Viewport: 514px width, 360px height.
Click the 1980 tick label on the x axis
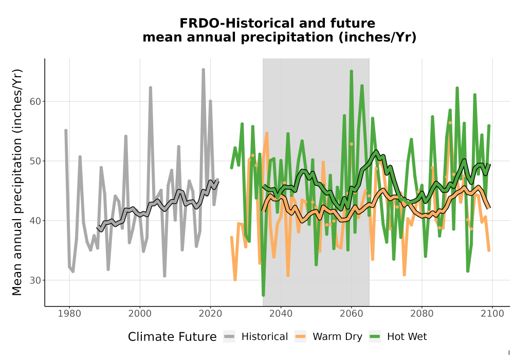[x=69, y=314]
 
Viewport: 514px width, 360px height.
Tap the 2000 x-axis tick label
[x=140, y=314]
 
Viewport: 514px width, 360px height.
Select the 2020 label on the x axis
[x=210, y=314]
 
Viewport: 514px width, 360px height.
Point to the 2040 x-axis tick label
[x=281, y=314]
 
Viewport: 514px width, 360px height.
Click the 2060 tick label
[x=351, y=314]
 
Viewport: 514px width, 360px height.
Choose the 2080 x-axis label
[x=422, y=314]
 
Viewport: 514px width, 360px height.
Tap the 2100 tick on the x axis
[x=492, y=314]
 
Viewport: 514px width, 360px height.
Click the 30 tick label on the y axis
[x=35, y=280]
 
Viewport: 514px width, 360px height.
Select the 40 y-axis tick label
[x=35, y=221]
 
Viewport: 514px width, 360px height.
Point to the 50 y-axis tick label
[x=35, y=161]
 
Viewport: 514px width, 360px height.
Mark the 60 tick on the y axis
[x=35, y=102]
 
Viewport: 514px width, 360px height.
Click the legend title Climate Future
[x=172, y=337]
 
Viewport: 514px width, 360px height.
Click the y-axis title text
[x=17, y=182]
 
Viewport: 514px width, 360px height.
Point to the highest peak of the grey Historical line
[x=203, y=69]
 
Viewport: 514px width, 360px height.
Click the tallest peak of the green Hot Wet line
[x=351, y=71]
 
